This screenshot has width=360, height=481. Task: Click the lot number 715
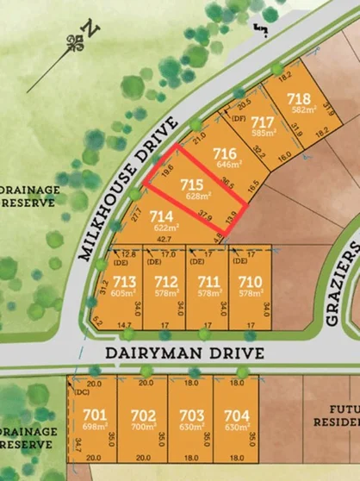[x=192, y=184]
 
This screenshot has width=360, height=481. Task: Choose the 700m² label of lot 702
[x=143, y=428]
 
